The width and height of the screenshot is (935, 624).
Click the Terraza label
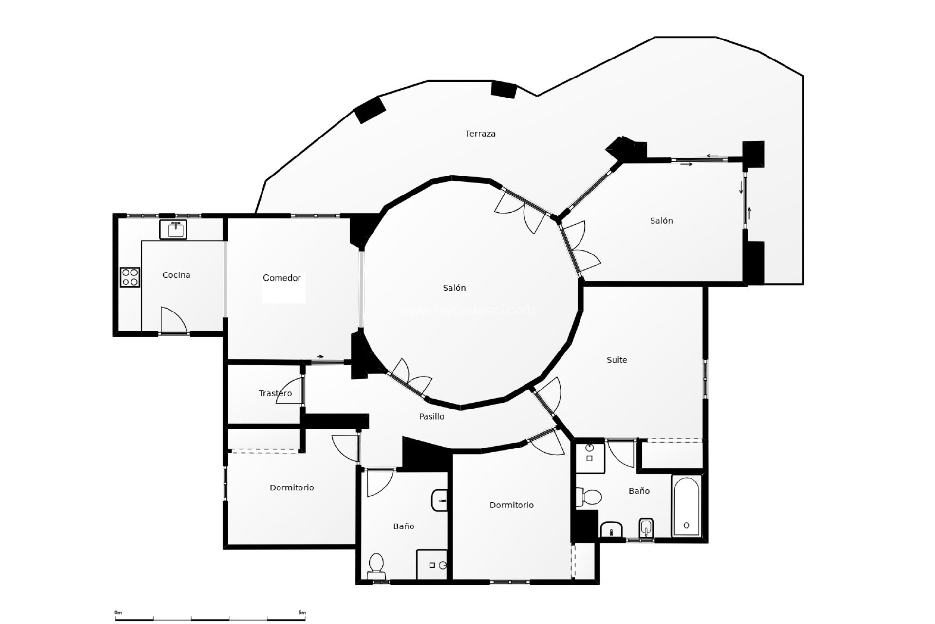pyautogui.click(x=480, y=134)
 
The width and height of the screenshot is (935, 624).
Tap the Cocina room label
pyautogui.click(x=176, y=275)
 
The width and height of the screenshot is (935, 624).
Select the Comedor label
pyautogui.click(x=281, y=278)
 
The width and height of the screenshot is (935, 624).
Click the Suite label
pyautogui.click(x=617, y=360)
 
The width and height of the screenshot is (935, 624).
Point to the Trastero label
pyautogui.click(x=275, y=393)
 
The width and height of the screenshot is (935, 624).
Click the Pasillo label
pyautogui.click(x=431, y=417)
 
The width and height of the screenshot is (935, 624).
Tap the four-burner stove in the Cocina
pyautogui.click(x=130, y=277)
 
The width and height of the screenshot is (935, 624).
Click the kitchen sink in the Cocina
pyautogui.click(x=173, y=229)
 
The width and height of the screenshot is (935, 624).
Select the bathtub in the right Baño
pyautogui.click(x=686, y=506)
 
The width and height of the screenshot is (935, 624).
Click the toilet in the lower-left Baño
pyautogui.click(x=376, y=565)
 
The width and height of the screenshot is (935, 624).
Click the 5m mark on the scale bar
pyautogui.click(x=302, y=613)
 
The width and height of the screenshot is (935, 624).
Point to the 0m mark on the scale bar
pyautogui.click(x=118, y=613)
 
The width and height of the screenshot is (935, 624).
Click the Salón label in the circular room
pyautogui.click(x=454, y=288)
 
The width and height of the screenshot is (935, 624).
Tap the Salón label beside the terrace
pyautogui.click(x=661, y=221)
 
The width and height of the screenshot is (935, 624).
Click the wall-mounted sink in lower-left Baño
pyautogui.click(x=440, y=500)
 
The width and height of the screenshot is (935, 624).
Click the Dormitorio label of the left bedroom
pyautogui.click(x=292, y=488)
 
